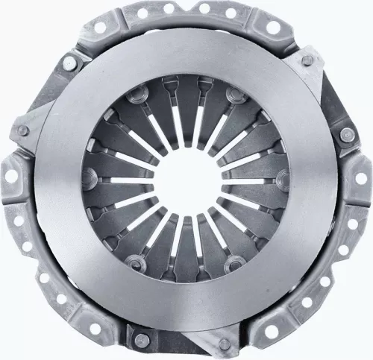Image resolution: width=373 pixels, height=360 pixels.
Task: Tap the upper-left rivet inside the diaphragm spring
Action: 137,95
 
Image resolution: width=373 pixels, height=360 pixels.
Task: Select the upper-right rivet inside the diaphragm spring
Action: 236,95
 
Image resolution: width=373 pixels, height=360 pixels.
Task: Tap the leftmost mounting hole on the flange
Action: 10,177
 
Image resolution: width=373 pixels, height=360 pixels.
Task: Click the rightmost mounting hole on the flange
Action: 363,177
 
